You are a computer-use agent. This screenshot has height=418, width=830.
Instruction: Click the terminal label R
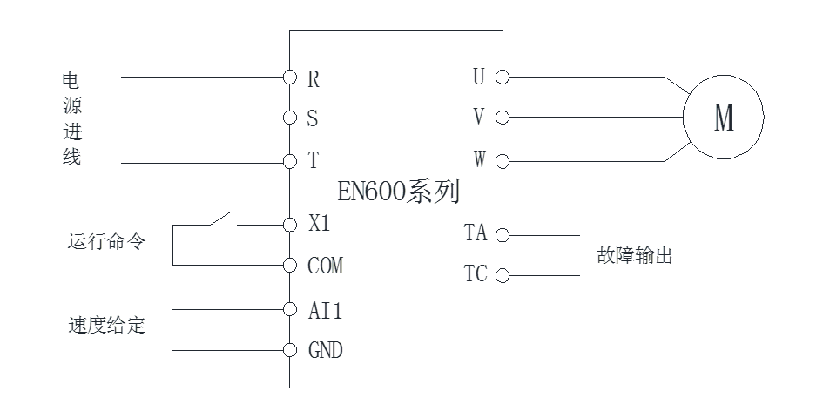(x=314, y=78)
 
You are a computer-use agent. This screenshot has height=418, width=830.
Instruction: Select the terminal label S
(x=313, y=118)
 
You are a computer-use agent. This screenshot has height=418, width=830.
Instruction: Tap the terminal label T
(x=313, y=162)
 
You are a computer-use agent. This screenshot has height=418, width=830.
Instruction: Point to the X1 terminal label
(x=321, y=224)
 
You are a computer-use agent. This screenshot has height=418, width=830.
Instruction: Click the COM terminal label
(x=325, y=266)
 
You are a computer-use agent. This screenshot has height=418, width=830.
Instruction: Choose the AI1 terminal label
(x=325, y=310)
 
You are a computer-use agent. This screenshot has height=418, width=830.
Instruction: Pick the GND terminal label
(x=325, y=351)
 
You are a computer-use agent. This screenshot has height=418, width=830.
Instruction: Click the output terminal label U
(x=478, y=78)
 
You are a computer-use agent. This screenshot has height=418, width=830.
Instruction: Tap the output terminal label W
(x=478, y=160)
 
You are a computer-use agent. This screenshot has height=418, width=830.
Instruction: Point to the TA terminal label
(x=475, y=233)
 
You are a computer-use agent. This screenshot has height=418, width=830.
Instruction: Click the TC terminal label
(x=475, y=274)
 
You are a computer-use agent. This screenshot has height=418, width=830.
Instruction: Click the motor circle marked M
(x=723, y=118)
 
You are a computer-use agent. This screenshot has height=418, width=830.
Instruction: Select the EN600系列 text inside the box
(x=397, y=191)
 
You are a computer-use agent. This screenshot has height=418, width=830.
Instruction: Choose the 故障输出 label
(x=634, y=256)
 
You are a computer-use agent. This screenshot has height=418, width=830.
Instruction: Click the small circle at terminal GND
(x=290, y=351)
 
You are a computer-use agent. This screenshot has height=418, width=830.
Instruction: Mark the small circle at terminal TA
(x=502, y=235)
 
